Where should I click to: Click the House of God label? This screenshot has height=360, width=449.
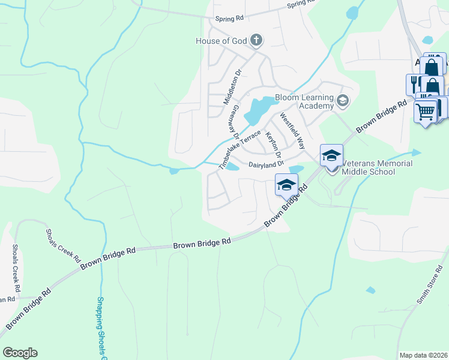221,41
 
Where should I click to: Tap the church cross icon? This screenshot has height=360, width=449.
256,40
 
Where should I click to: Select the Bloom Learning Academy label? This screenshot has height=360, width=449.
304,101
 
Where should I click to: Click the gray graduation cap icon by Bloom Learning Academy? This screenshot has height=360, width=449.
343,100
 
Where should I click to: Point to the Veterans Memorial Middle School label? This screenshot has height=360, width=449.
377,167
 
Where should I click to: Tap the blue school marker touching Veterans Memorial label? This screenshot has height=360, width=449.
331,156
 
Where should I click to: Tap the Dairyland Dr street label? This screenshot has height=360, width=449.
266,164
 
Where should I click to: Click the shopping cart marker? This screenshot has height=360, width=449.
426,112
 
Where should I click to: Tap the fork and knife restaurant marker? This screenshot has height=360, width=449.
414,83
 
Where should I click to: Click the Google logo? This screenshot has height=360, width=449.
19,353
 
